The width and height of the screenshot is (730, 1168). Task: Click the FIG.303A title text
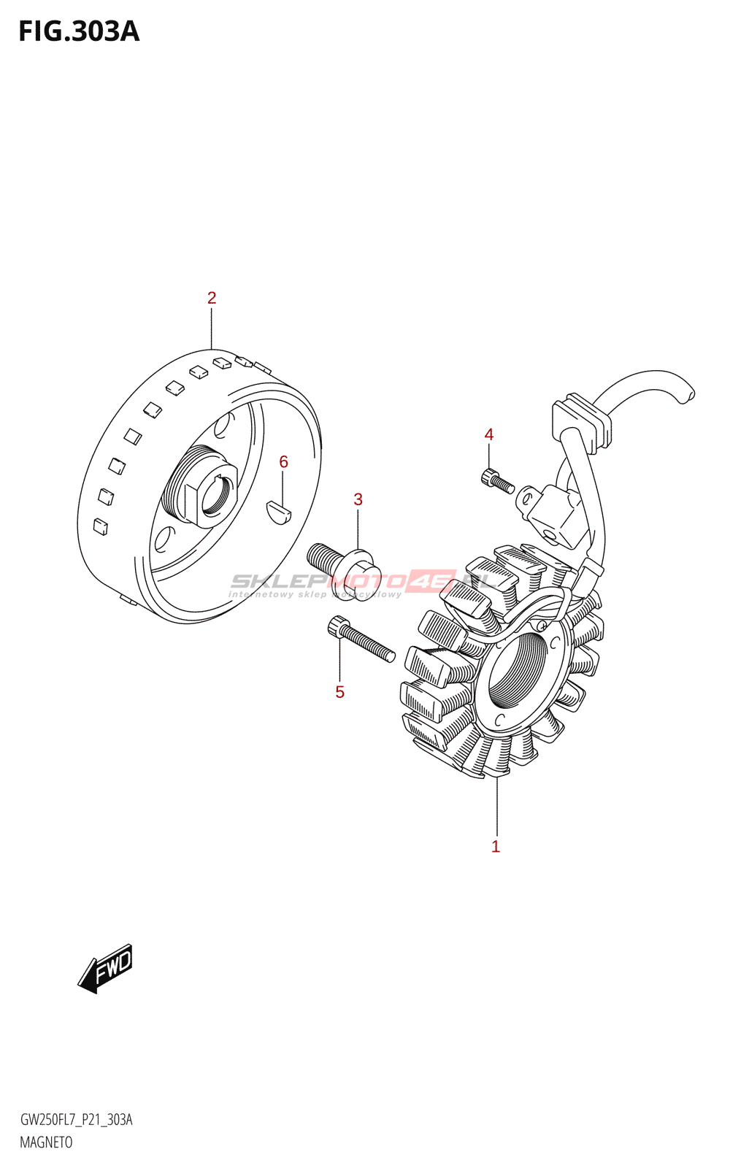pyautogui.click(x=79, y=31)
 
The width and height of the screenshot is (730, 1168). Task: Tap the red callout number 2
pyautogui.click(x=212, y=298)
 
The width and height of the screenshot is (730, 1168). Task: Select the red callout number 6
pyautogui.click(x=283, y=461)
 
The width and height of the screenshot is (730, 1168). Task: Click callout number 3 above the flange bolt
pyautogui.click(x=358, y=499)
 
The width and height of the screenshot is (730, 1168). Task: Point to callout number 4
pyautogui.click(x=489, y=435)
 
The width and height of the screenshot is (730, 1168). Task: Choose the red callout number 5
pyautogui.click(x=339, y=692)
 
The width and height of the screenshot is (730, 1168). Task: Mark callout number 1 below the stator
pyautogui.click(x=496, y=847)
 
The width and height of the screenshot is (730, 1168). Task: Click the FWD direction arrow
pyautogui.click(x=106, y=969)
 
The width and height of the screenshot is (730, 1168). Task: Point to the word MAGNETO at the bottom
pyautogui.click(x=46, y=1142)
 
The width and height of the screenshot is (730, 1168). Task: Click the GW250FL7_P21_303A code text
pyautogui.click(x=77, y=1120)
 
